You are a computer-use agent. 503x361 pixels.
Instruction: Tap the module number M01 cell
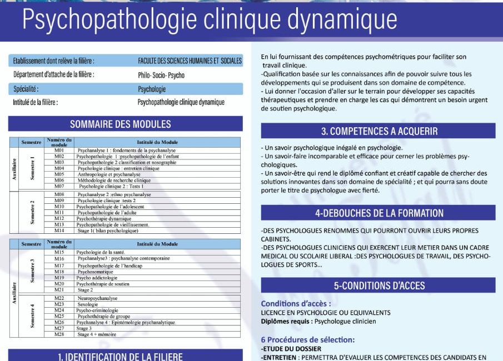59,151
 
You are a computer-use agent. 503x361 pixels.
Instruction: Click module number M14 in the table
59,230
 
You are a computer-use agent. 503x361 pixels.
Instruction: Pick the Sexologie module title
88,304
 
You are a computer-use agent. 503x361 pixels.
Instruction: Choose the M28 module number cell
59,334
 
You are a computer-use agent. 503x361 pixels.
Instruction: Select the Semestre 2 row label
33,212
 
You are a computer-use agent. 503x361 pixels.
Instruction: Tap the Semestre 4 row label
33,315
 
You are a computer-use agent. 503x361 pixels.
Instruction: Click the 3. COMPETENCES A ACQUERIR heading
379,132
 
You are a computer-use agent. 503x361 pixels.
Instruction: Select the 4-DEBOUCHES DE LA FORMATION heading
379,213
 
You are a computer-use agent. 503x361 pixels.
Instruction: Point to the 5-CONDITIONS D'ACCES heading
379,286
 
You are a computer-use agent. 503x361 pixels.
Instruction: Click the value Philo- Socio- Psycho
161,75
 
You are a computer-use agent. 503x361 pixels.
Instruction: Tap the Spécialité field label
26,89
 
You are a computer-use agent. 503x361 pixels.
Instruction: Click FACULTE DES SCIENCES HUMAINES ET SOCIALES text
190,61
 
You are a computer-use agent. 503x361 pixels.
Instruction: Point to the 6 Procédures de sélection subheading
307,339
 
